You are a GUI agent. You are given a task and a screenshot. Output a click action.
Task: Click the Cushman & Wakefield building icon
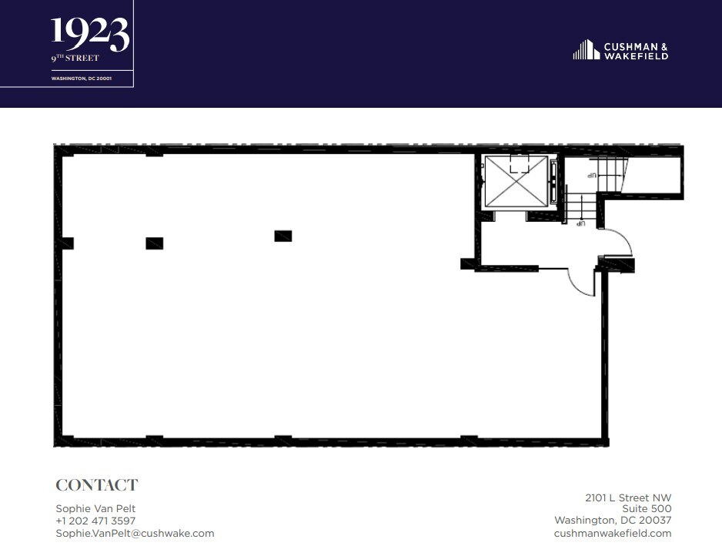tap(586, 50)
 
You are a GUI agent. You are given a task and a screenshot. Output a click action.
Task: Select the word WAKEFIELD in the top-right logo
tap(636, 55)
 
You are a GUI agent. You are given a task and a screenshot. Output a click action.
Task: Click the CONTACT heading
tap(96, 485)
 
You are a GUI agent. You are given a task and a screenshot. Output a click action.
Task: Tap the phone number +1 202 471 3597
tap(95, 521)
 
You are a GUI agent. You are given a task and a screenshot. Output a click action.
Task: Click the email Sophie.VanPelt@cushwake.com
tap(135, 533)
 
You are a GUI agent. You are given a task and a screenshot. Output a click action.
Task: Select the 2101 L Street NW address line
tap(629, 497)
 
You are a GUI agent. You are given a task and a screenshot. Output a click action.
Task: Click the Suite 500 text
tap(646, 509)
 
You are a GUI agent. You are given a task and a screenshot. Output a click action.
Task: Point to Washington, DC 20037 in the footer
tap(613, 521)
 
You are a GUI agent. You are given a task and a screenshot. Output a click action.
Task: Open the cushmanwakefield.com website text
tap(612, 533)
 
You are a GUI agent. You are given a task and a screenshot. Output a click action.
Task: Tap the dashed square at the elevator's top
tap(520, 163)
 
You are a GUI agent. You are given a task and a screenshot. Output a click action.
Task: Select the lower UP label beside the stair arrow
tap(581, 224)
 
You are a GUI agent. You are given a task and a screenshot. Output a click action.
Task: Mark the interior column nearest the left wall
tap(155, 243)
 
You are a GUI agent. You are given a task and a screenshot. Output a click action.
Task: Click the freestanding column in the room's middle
tap(283, 236)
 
